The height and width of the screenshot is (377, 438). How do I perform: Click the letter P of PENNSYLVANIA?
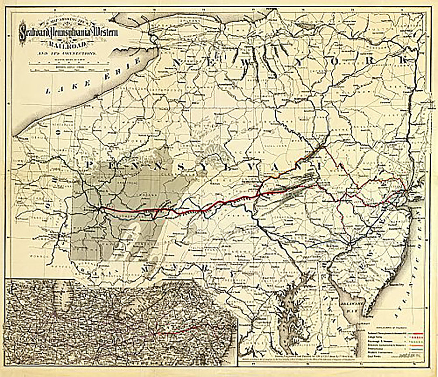click(x=90, y=164)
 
